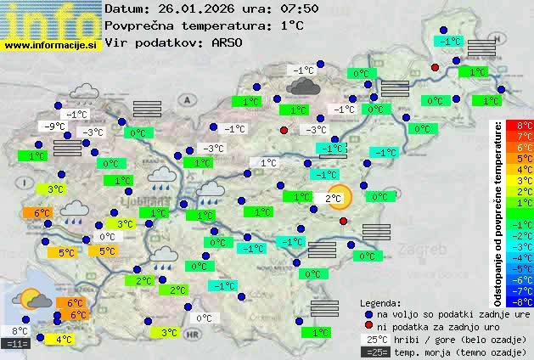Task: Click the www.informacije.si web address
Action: [51, 45]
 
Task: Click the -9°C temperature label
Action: [54, 127]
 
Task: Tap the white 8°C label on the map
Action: [19, 331]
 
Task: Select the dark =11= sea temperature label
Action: [16, 344]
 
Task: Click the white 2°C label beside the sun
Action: [333, 198]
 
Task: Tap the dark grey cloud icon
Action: [303, 86]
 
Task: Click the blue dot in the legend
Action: [368, 313]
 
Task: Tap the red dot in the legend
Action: [368, 326]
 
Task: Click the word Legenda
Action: [380, 302]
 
